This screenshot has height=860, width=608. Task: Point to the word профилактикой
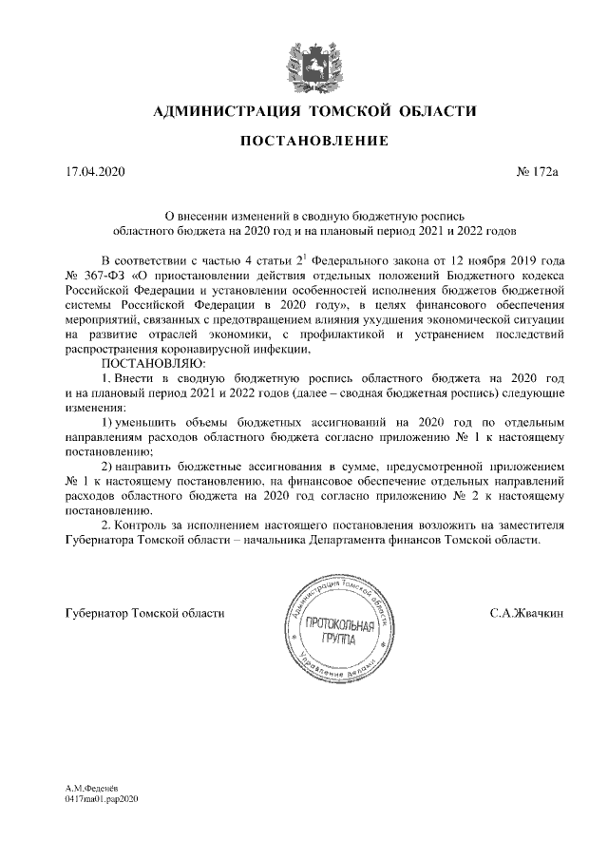pos(335,334)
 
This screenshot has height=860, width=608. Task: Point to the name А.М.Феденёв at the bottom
pos(91,789)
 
